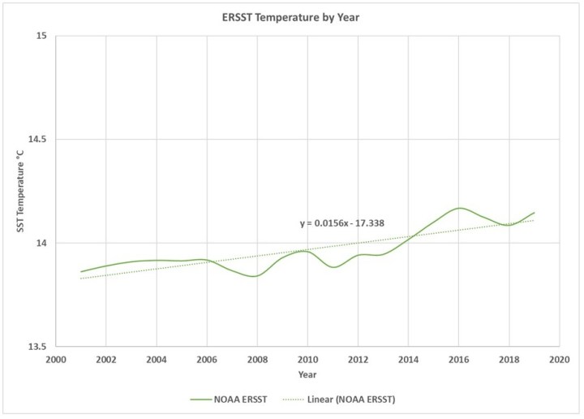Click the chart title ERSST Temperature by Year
point(292,16)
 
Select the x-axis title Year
point(307,374)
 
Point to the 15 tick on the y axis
point(41,36)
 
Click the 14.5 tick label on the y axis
point(37,140)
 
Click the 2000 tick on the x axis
point(55,358)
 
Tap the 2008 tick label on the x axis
point(256,358)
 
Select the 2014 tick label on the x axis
point(408,358)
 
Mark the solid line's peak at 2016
point(459,208)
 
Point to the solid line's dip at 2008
point(255,276)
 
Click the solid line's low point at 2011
point(333,267)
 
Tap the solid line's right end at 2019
point(535,212)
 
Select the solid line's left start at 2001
point(80,271)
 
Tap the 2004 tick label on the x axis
point(156,358)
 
